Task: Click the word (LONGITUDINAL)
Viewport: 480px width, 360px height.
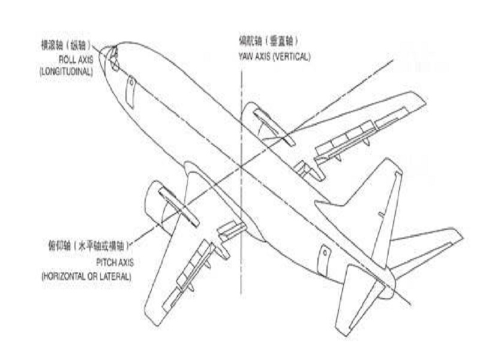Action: [67, 71]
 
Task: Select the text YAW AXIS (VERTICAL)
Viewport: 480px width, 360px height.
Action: [274, 56]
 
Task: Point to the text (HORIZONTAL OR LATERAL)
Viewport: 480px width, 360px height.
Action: [86, 277]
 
